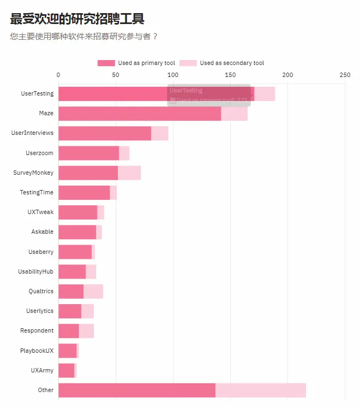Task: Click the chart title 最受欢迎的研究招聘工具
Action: (77, 19)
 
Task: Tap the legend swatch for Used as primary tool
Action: (106, 63)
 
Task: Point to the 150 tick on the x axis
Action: (230, 75)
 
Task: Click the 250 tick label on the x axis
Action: (345, 75)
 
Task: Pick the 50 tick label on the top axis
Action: (116, 75)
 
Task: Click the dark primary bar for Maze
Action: (139, 114)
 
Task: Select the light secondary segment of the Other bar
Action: (261, 390)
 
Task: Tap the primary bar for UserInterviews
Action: (104, 133)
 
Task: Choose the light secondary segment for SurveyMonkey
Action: (129, 173)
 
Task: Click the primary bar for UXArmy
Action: (66, 370)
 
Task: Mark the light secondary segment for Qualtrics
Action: (93, 292)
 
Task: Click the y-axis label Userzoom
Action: (39, 153)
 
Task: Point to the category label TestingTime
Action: (37, 192)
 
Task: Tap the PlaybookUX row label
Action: (37, 351)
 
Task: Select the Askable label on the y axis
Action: (42, 232)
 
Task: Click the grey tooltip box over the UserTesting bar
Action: (209, 95)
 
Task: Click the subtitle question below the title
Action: (84, 37)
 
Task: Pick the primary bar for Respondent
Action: (68, 331)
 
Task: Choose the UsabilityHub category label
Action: (35, 271)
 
